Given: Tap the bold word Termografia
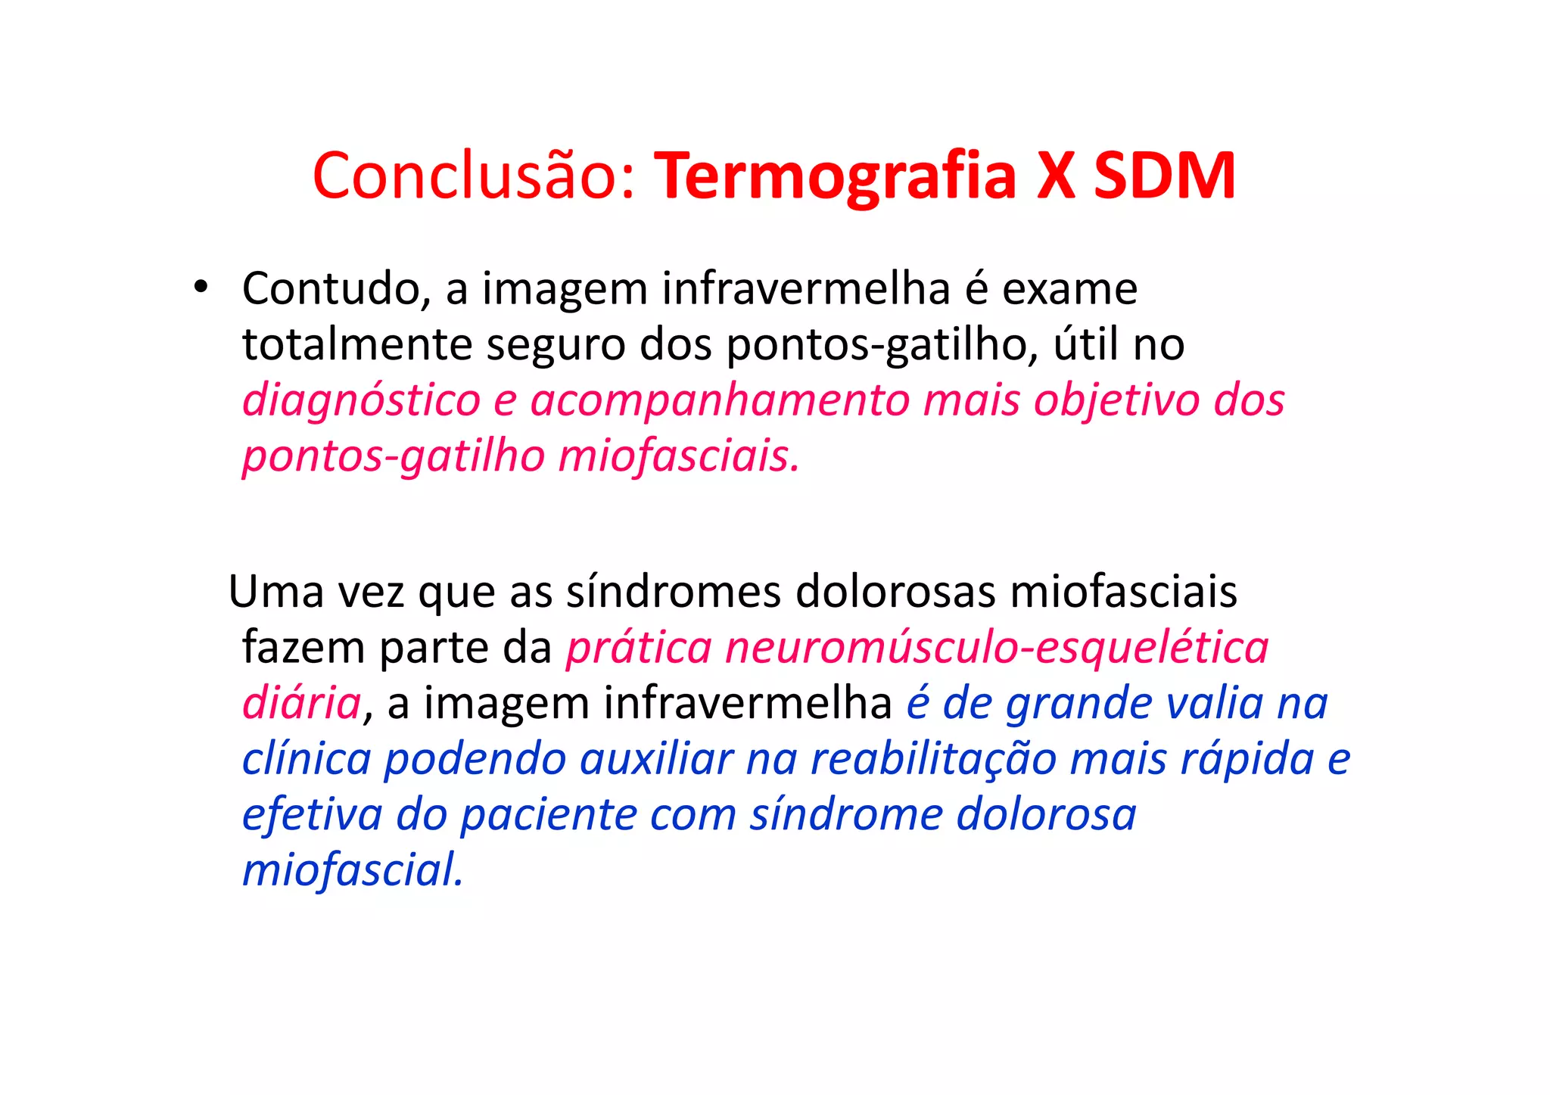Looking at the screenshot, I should [835, 176].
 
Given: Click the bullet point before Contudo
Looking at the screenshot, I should [200, 288].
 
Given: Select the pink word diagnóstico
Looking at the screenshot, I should [362, 401].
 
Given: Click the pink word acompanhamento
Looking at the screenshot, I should [719, 401].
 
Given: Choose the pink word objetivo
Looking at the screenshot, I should [1117, 401].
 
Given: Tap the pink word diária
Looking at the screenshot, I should [301, 704].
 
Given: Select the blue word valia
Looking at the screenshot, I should [1214, 704].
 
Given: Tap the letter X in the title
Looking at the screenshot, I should [1056, 176].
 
